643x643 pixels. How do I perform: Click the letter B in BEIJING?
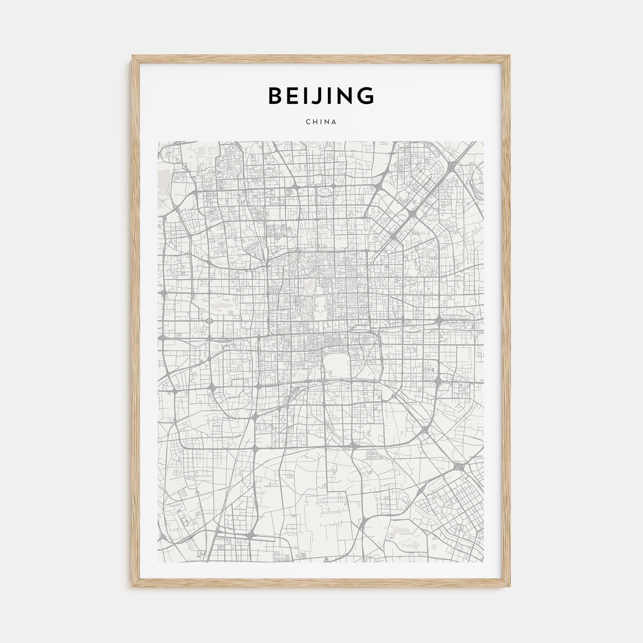coord(276,96)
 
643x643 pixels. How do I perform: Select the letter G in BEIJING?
coord(365,96)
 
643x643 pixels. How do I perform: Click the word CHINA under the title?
coord(321,122)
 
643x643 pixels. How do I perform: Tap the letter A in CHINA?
coord(334,122)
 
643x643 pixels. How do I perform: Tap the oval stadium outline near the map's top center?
coord(325,191)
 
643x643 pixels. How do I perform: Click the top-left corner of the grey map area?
coord(158,141)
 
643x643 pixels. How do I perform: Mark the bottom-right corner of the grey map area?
coord(484,562)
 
